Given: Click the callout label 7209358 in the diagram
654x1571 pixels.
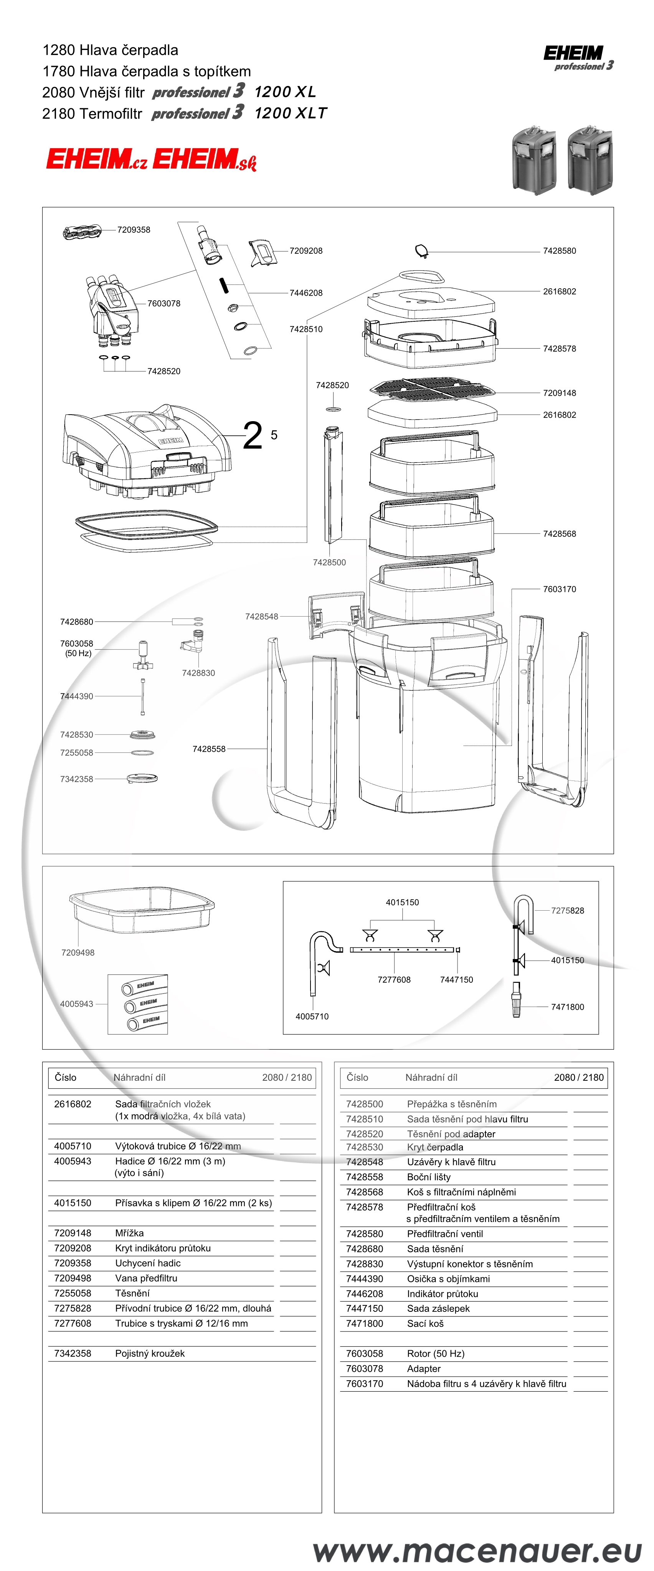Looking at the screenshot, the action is [134, 230].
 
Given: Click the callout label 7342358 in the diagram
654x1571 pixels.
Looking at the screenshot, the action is [76, 779].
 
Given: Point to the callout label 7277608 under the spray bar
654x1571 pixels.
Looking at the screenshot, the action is [394, 979].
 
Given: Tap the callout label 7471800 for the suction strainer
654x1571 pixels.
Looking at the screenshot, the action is [567, 1007].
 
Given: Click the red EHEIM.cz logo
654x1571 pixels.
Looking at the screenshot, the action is [96, 159].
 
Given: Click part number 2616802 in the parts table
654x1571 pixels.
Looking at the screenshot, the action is [73, 1104].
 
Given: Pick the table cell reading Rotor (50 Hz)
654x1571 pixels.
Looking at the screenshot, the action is [435, 1353].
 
